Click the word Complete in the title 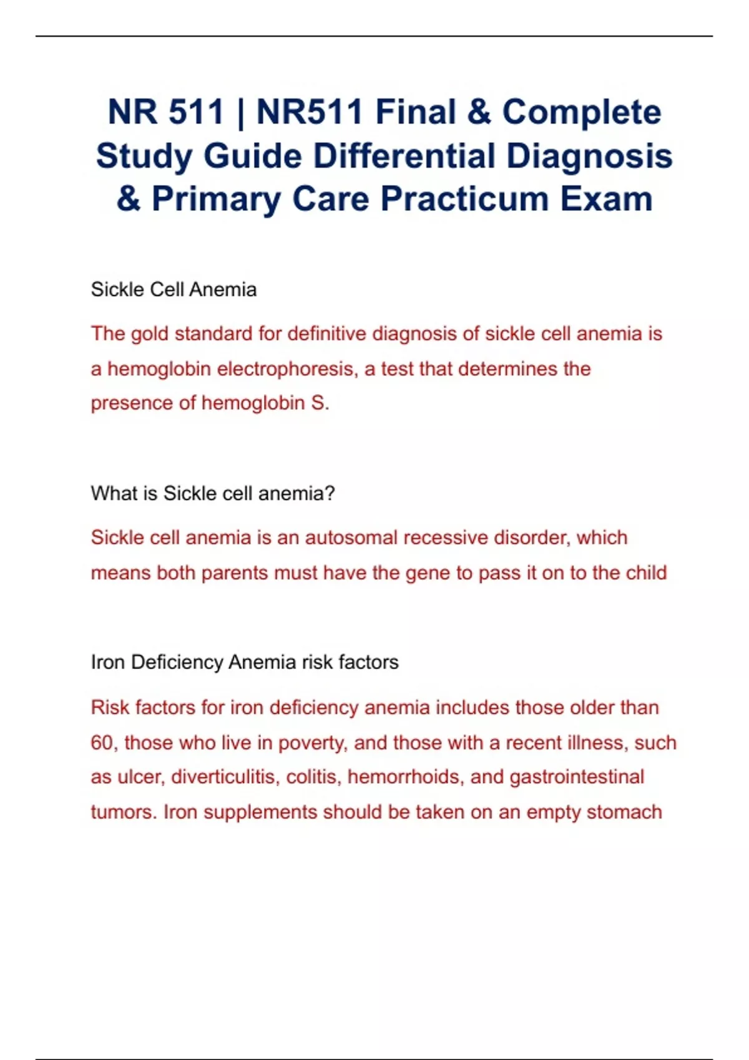581,113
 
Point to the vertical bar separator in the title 240,113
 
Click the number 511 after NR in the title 196,113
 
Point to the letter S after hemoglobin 316,403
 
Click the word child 644,573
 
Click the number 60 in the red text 102,743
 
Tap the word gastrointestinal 577,778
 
